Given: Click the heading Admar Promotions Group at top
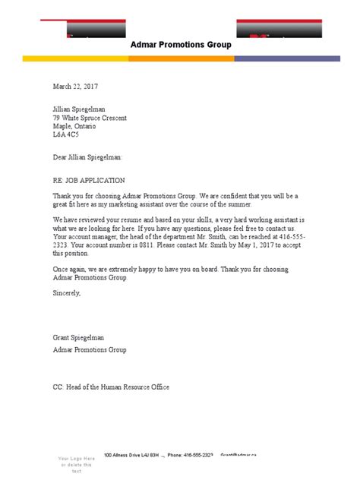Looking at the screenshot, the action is click(182, 45).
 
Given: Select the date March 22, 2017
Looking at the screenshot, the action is click(75, 87).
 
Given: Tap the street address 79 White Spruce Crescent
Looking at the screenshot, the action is click(90, 118).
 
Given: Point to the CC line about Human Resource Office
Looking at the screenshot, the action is click(111, 387).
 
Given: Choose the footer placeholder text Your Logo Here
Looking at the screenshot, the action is click(77, 459).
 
